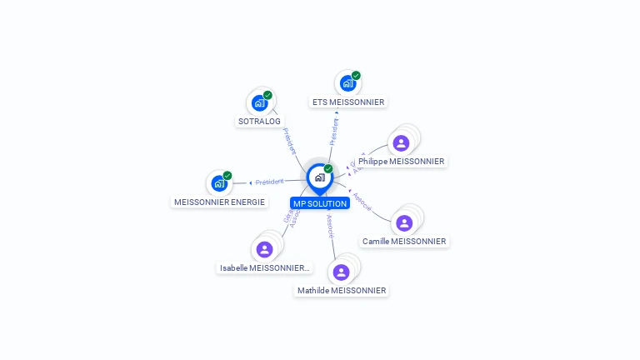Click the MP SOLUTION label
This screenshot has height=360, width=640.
point(319,203)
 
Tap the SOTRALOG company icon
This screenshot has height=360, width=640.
point(259,103)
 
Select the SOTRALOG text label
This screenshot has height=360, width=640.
point(259,121)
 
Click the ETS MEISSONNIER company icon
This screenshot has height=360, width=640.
point(347,83)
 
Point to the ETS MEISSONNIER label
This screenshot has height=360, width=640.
point(348,102)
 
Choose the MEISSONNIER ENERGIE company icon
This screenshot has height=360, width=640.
point(219,183)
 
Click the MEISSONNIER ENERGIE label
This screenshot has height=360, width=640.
point(219,202)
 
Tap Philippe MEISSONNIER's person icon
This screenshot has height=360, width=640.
point(401,143)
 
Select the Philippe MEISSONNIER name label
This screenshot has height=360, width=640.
point(407,161)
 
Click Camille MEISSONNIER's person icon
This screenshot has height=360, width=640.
point(404,223)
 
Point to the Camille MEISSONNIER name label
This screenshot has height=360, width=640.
point(404,242)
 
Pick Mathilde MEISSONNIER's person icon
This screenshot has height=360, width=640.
point(341,272)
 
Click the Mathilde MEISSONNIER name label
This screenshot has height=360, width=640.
point(342,291)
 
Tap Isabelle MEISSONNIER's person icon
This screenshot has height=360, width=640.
point(264,249)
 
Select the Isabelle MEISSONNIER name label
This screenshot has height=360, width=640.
point(264,268)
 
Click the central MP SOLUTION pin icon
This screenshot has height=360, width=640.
point(319,177)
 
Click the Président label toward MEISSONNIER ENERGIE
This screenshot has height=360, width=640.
point(270,182)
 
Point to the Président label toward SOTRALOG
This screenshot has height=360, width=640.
point(289,141)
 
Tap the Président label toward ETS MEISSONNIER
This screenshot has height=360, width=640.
point(334,131)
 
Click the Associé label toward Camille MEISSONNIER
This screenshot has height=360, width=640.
point(362,201)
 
